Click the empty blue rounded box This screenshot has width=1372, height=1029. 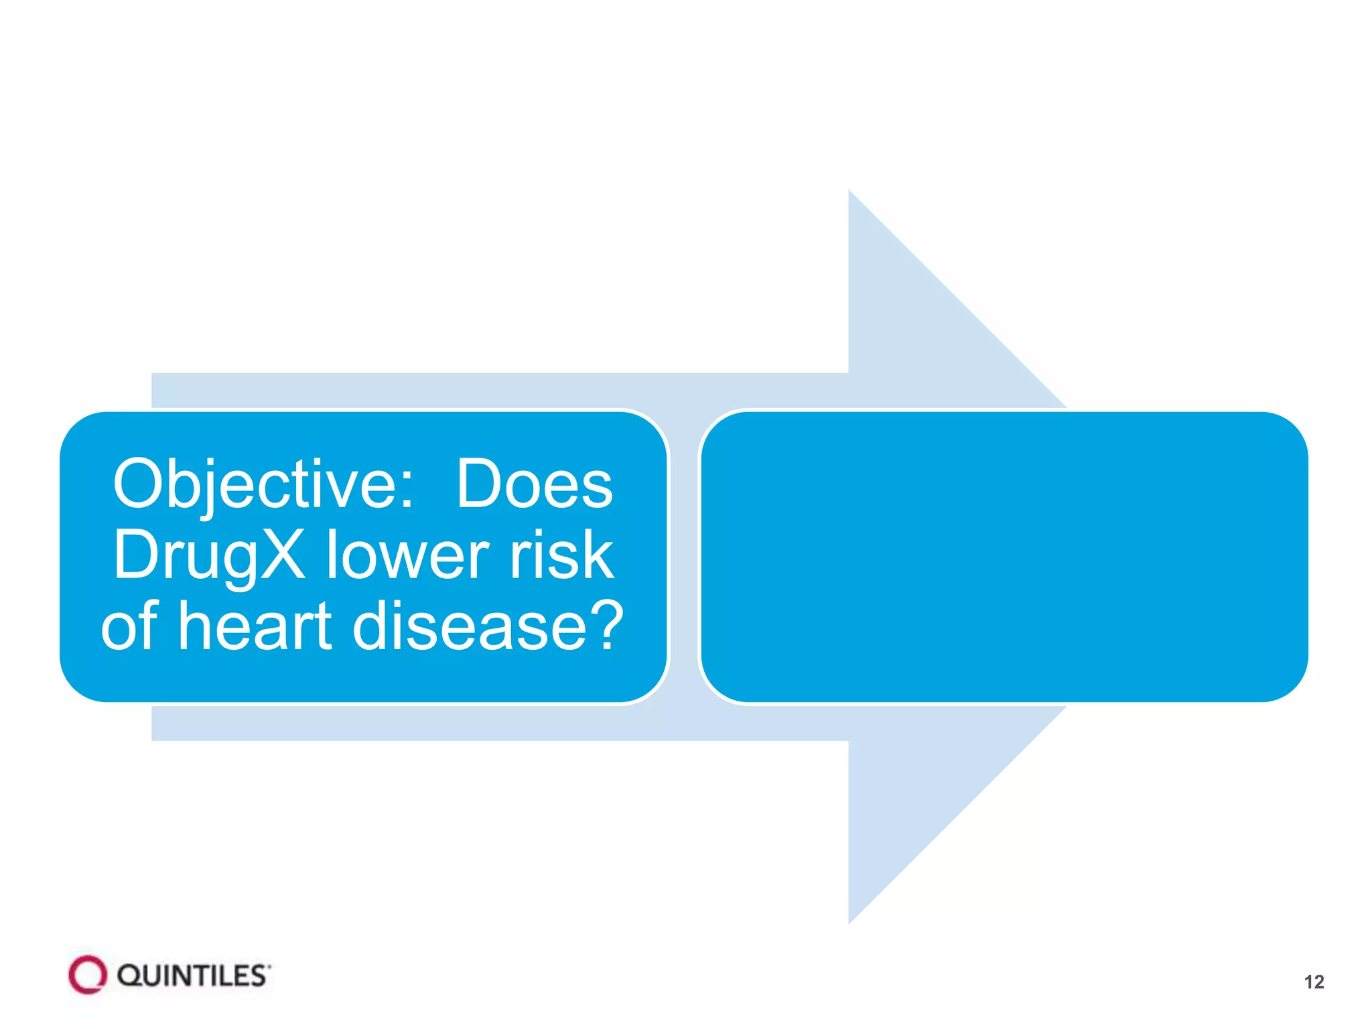[x=1004, y=557]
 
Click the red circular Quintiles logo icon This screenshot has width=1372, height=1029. [x=88, y=975]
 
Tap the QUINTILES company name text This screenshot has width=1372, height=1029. [x=193, y=976]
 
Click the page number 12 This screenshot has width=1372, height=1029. [x=1314, y=982]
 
